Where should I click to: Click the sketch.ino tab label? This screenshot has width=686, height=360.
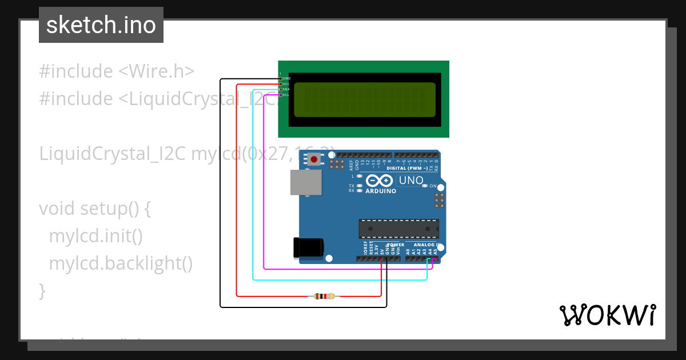[101, 25]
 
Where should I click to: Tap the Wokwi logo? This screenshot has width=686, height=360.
[607, 315]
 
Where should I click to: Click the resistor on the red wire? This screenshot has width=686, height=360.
[324, 296]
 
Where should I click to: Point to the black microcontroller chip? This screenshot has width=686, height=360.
[398, 229]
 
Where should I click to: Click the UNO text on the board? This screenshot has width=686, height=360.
[411, 181]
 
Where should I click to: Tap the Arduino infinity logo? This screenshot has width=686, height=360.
[380, 181]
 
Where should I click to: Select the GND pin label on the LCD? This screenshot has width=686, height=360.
[286, 78]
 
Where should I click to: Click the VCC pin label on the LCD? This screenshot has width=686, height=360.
[286, 84]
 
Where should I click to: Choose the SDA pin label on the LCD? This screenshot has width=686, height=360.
[286, 89]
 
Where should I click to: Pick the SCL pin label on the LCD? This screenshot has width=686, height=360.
[286, 95]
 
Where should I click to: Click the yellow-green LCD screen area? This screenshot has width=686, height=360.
[365, 99]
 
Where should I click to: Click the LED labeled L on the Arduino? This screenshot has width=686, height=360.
[359, 176]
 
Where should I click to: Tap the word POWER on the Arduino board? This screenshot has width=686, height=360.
[396, 245]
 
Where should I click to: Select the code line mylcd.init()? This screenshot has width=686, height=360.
[95, 235]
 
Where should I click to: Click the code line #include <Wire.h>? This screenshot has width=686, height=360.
[117, 71]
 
